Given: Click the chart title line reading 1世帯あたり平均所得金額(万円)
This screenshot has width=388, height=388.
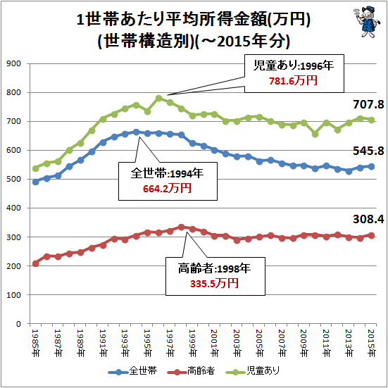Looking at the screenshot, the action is (x=193, y=20).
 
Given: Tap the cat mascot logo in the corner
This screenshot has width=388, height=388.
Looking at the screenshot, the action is (x=365, y=22).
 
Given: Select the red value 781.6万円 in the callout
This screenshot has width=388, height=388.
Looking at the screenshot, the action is (x=293, y=81).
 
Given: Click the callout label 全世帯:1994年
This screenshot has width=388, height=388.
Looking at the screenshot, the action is (x=167, y=173).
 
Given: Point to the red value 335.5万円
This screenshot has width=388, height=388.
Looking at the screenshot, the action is (x=214, y=283).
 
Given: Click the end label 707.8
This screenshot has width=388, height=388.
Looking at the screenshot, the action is (x=368, y=104).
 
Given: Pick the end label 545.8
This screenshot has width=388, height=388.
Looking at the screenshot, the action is (x=368, y=151).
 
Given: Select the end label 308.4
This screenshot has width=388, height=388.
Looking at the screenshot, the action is (x=368, y=219).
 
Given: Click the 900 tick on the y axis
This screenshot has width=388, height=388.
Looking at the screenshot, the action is (x=14, y=63).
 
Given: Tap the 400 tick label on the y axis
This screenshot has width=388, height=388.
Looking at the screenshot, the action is (x=14, y=208).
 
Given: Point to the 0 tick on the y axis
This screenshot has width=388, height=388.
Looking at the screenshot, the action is (x=18, y=324).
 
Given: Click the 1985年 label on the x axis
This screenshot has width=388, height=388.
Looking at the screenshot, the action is (x=36, y=343).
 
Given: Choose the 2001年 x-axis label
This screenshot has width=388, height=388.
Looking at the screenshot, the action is (x=215, y=343).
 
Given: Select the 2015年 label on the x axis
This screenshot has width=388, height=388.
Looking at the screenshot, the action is (x=371, y=343).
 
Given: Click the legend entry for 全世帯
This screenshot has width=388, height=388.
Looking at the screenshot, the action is (x=132, y=371).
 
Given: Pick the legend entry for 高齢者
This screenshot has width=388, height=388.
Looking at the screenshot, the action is (x=191, y=371).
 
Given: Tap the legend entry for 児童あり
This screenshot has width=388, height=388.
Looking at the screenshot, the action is (x=253, y=371).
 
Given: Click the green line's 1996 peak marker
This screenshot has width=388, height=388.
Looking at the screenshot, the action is (x=159, y=99).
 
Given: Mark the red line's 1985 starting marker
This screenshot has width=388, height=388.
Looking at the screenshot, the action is (x=36, y=263).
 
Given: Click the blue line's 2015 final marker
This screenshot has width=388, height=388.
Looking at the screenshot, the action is (x=371, y=166).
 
